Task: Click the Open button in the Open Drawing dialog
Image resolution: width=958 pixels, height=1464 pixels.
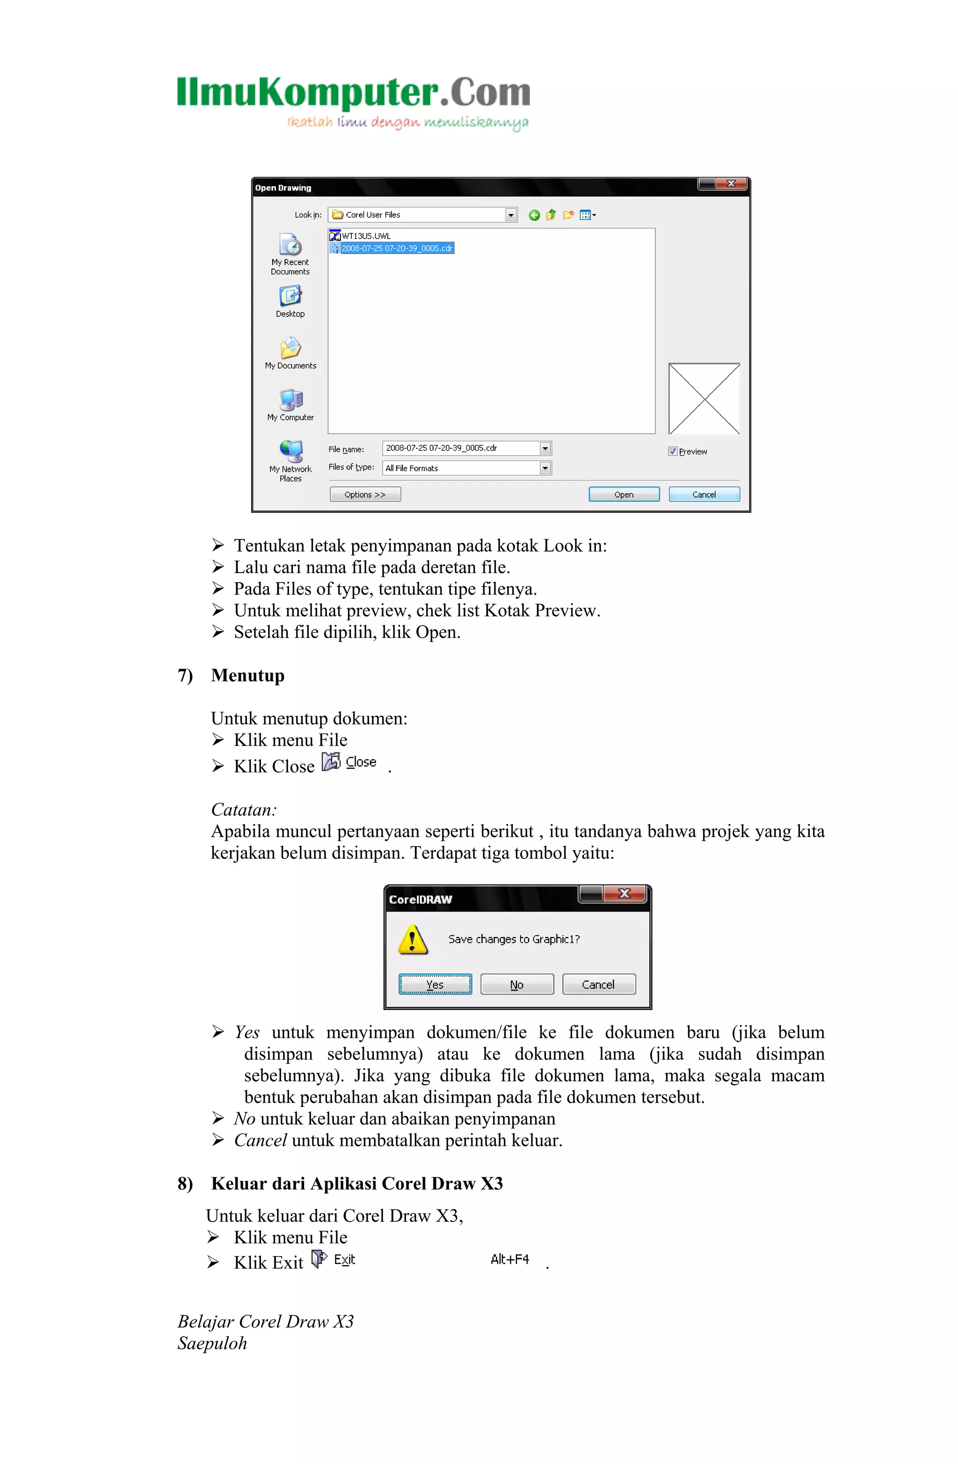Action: [624, 494]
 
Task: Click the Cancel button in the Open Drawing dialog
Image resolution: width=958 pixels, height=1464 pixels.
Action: [704, 494]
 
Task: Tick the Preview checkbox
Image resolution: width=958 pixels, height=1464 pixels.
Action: [673, 451]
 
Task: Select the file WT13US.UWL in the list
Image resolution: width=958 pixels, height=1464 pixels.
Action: [365, 236]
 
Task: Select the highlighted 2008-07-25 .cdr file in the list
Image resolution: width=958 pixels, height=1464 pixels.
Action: [397, 248]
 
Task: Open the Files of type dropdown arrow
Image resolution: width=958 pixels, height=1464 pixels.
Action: [545, 468]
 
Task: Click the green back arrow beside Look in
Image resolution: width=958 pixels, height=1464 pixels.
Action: [534, 215]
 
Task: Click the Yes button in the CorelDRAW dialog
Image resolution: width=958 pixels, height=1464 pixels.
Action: [435, 984]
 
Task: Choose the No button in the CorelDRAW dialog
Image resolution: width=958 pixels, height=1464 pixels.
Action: [516, 984]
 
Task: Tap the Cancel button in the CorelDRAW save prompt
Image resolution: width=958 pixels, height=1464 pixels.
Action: [598, 984]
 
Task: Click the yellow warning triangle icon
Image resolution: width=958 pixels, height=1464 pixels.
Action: [413, 940]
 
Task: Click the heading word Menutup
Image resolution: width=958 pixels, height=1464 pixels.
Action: [248, 676]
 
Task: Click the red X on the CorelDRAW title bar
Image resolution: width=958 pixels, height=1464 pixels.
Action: [625, 893]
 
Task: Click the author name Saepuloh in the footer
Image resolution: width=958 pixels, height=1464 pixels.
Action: [212, 1343]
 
